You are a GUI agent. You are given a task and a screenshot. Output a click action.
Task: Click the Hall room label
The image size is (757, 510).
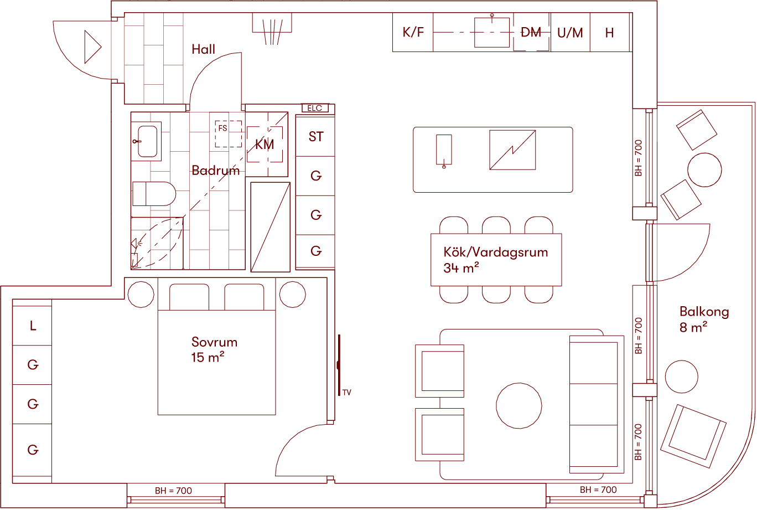(203, 49)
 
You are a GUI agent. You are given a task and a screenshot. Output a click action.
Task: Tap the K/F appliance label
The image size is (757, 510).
(413, 33)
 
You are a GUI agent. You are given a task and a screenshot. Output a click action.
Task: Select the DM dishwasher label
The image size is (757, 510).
(531, 33)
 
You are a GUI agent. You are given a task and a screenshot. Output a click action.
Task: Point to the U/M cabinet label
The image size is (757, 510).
(570, 33)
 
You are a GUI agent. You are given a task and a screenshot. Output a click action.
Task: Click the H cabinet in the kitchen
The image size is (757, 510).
(609, 33)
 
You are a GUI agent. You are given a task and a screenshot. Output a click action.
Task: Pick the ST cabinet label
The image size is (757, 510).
(316, 136)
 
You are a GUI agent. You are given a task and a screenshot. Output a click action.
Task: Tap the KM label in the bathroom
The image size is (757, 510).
(265, 145)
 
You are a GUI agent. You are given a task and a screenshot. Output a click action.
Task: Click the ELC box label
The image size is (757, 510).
(315, 109)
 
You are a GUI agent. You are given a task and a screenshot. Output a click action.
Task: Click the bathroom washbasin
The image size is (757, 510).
(147, 141)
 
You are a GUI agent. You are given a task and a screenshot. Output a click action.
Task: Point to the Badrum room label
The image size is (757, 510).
(216, 170)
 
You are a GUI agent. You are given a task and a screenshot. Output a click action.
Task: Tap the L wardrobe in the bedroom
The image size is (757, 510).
(33, 326)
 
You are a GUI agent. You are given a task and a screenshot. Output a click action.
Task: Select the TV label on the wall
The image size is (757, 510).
(347, 393)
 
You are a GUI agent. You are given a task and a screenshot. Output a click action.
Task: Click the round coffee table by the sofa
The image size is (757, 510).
(519, 406)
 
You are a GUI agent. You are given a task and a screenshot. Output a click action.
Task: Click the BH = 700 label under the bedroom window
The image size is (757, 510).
(174, 491)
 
